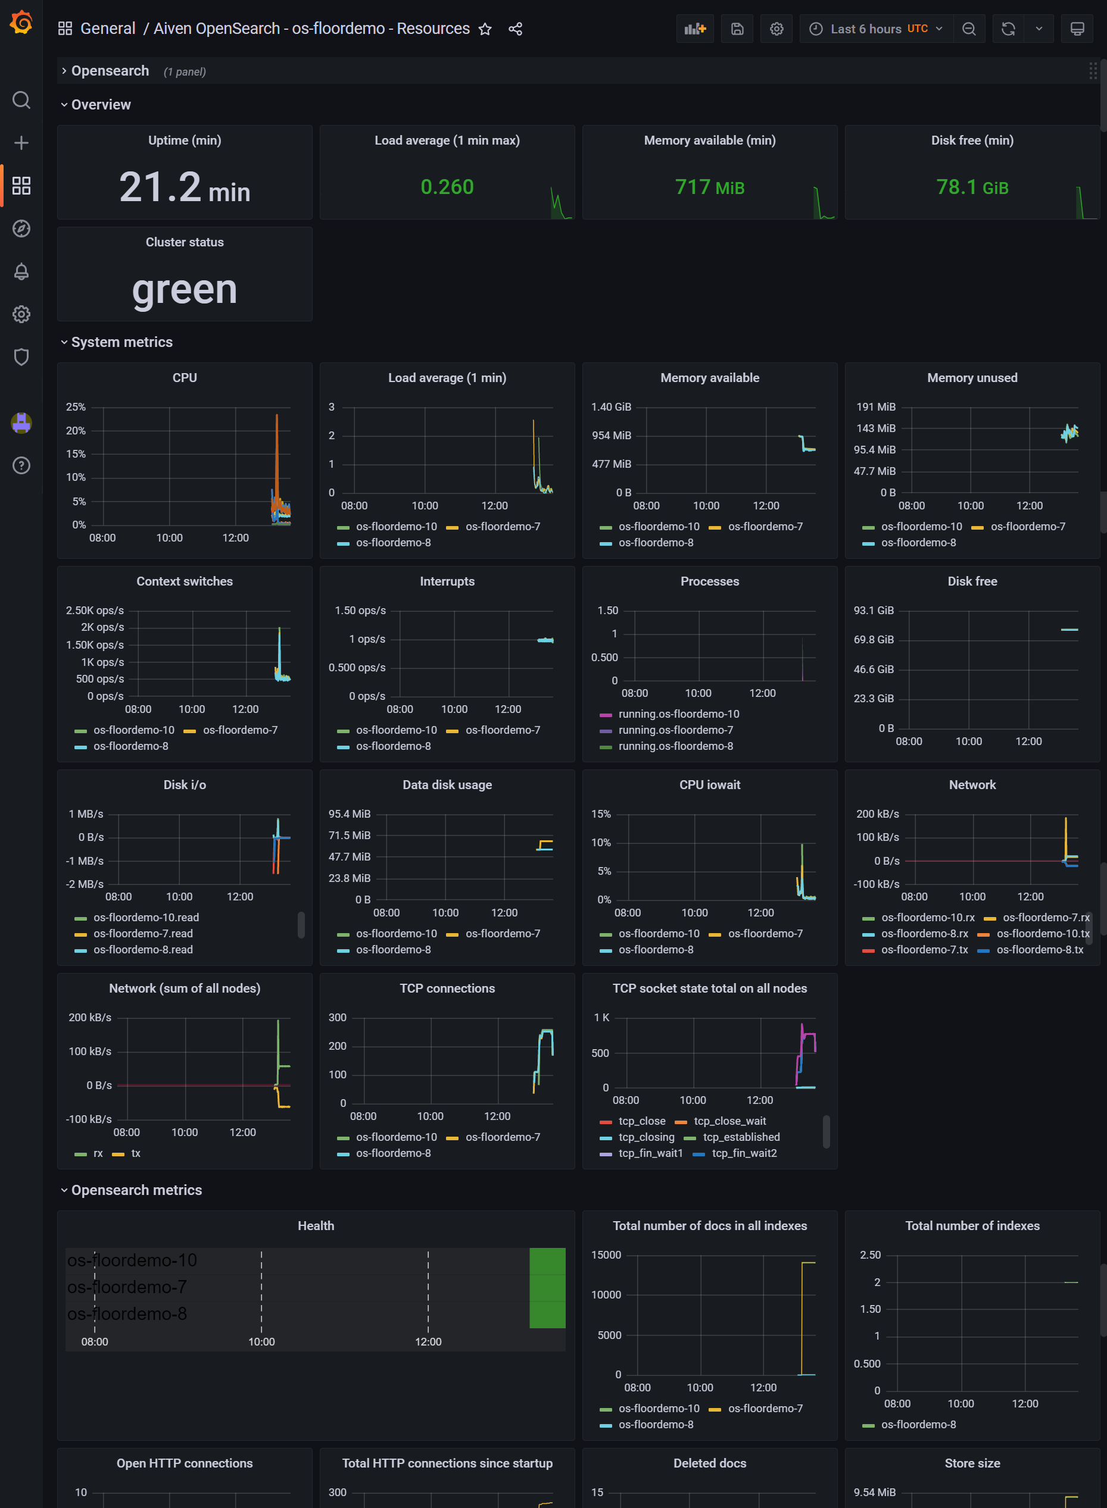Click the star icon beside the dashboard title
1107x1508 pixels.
point(485,29)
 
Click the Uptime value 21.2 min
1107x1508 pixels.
point(184,187)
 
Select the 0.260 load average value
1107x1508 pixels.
point(447,187)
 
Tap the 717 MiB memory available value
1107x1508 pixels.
point(710,187)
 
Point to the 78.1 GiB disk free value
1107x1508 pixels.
point(972,187)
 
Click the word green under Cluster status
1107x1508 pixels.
point(184,290)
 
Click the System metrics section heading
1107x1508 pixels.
point(122,342)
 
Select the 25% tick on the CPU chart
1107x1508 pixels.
point(76,407)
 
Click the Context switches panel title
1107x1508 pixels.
point(184,581)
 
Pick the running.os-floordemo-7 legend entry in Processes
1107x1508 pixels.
point(675,730)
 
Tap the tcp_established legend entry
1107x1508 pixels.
point(741,1137)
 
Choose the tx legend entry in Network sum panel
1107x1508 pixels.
point(136,1153)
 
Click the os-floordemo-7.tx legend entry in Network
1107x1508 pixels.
point(924,950)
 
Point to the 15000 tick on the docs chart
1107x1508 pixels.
point(606,1255)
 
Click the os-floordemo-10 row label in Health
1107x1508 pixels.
point(132,1260)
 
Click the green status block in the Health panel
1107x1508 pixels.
point(547,1287)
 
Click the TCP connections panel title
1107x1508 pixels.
point(447,988)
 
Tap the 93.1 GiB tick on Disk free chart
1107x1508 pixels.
point(873,611)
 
